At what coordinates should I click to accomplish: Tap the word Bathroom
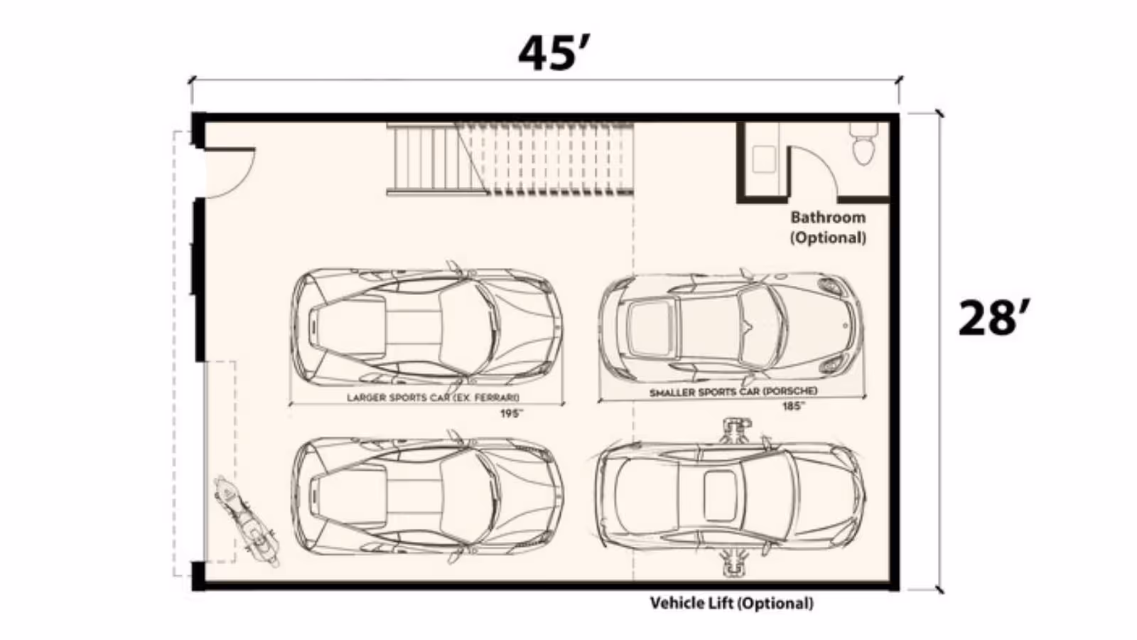(x=828, y=218)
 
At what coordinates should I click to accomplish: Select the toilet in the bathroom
(x=863, y=144)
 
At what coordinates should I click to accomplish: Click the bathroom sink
(x=764, y=159)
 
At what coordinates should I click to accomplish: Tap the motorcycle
(x=247, y=521)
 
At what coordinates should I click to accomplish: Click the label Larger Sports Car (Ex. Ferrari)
(x=433, y=398)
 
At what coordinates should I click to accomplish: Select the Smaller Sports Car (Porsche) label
(x=733, y=392)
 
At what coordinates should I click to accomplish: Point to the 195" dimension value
(x=511, y=413)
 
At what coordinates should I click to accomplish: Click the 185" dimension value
(x=793, y=406)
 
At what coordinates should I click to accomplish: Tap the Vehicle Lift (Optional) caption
(x=731, y=604)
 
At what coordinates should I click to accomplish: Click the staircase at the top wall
(x=510, y=159)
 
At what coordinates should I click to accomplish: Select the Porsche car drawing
(x=731, y=328)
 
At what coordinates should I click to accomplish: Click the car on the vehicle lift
(x=730, y=497)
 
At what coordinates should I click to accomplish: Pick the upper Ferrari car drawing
(x=427, y=326)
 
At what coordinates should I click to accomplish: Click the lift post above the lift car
(x=736, y=430)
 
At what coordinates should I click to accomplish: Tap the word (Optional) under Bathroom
(x=828, y=238)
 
